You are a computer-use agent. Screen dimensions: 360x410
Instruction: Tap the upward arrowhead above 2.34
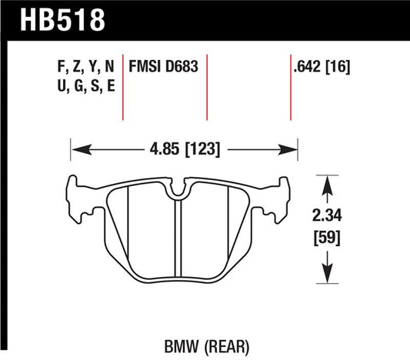pos(328,184)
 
